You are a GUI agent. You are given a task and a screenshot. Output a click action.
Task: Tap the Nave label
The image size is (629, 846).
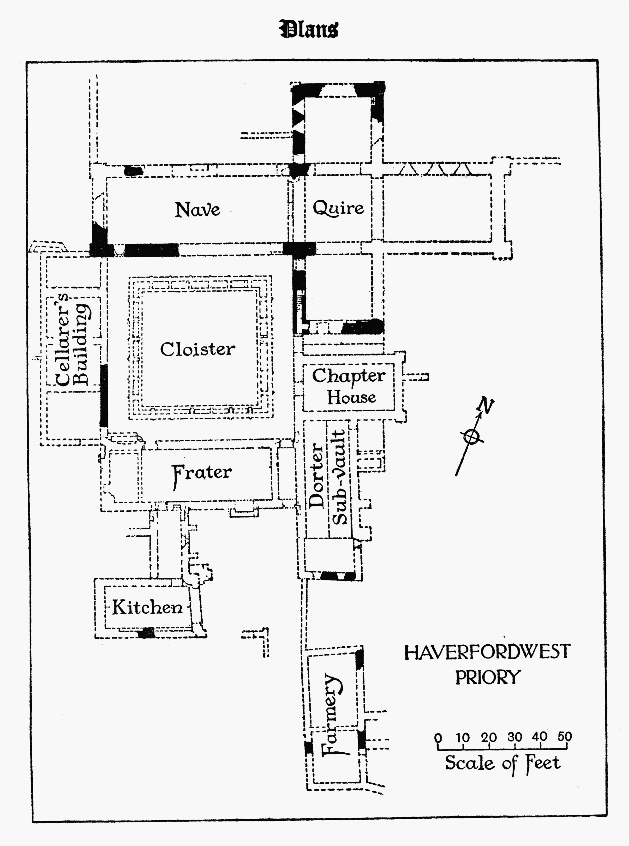tap(197, 210)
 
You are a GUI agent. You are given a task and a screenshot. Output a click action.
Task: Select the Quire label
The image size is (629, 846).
tap(338, 208)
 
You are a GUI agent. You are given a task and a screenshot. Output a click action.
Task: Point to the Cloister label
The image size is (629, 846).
tap(198, 349)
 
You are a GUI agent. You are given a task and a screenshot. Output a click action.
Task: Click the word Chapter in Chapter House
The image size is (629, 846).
tap(348, 376)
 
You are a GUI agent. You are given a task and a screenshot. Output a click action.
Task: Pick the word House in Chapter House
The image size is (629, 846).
tap(351, 397)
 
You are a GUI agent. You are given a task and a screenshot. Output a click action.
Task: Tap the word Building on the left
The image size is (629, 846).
tap(82, 345)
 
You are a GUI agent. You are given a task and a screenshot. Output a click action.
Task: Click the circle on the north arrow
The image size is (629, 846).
tap(471, 437)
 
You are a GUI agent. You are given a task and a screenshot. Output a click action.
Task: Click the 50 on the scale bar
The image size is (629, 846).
tap(565, 737)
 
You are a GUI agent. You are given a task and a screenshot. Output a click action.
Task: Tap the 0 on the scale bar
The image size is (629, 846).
tap(438, 738)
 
